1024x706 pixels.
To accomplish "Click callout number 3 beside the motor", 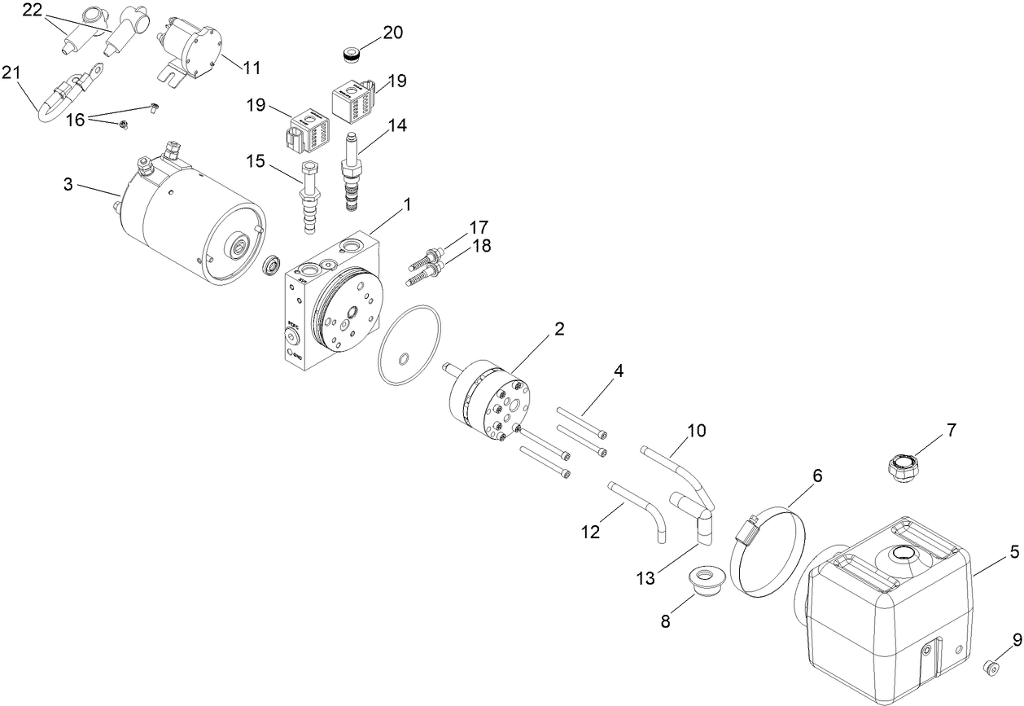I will (x=68, y=185).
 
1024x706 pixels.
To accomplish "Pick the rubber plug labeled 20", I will (x=352, y=56).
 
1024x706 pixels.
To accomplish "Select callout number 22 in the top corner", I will (x=32, y=11).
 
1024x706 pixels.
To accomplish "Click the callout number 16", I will (x=75, y=120).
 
